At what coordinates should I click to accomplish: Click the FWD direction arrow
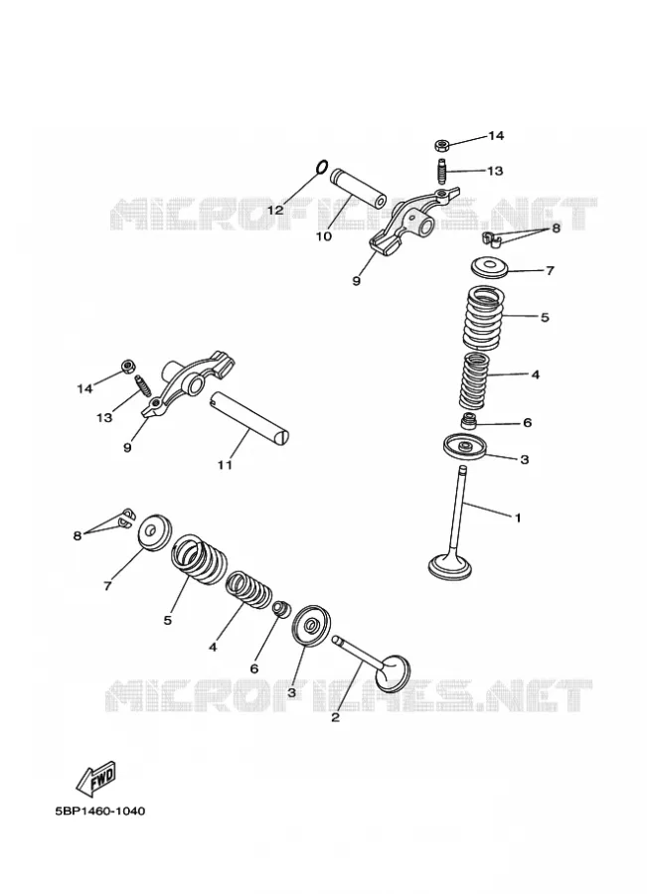tap(96, 778)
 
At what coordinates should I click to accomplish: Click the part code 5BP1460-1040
tap(99, 811)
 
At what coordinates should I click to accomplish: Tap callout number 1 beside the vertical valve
tap(518, 518)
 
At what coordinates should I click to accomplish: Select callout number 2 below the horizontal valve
tap(336, 717)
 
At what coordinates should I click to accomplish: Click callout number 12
tap(275, 210)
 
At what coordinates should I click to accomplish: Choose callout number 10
tap(324, 235)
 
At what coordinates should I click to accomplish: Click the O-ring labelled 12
tap(321, 167)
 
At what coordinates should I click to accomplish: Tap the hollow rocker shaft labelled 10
tap(358, 187)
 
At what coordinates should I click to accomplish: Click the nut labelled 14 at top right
tap(441, 144)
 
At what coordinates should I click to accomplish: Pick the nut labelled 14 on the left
tap(127, 366)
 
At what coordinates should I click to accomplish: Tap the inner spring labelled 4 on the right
tap(475, 380)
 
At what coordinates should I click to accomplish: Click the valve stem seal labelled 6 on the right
tap(468, 423)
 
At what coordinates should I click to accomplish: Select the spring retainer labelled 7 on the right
tap(489, 267)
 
